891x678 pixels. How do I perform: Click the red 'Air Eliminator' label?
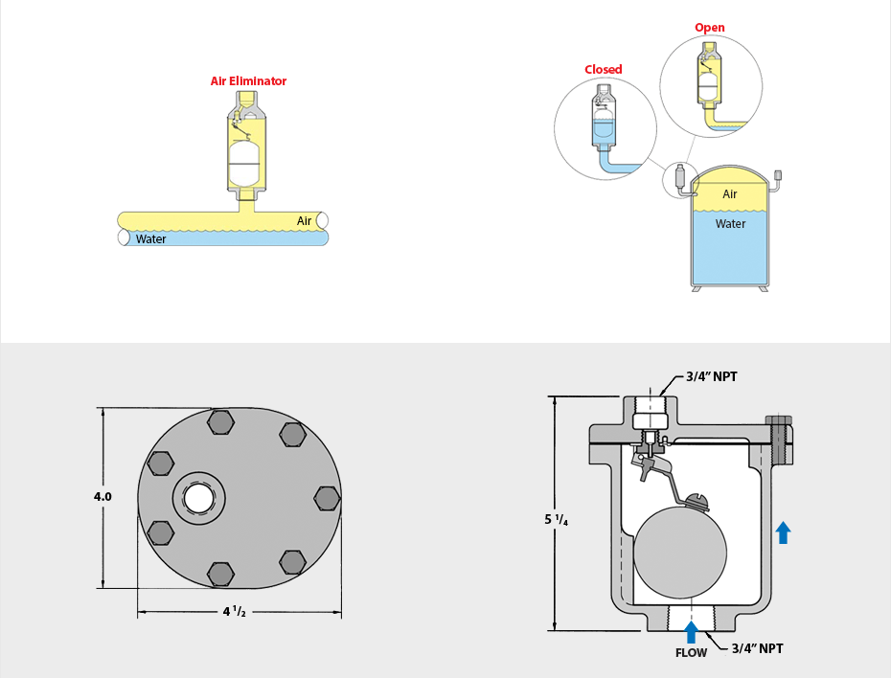(248, 81)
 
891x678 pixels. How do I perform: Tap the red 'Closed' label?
(604, 69)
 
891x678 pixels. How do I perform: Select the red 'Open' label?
(709, 28)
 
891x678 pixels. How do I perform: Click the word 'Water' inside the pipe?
(150, 239)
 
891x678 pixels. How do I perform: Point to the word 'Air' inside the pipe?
(305, 221)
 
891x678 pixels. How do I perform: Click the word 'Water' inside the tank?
(730, 224)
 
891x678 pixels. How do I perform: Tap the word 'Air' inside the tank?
(730, 194)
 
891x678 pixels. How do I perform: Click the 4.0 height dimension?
(103, 497)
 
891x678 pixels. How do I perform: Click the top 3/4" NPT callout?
(712, 376)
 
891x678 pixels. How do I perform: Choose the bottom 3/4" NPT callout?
(757, 648)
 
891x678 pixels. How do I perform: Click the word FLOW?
(691, 653)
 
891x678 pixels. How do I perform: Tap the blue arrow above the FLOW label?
(691, 631)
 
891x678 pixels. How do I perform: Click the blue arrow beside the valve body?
(783, 532)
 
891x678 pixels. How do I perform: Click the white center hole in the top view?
(199, 498)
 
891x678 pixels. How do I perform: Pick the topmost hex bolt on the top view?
(220, 422)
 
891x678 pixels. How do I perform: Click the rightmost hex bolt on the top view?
(327, 499)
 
